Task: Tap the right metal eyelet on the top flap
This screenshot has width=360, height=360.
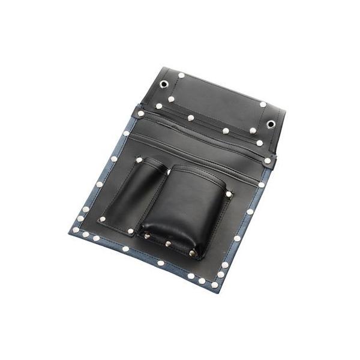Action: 271,124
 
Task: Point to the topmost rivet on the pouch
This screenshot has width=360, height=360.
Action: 181,75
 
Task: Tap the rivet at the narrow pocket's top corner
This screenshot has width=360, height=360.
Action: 139,160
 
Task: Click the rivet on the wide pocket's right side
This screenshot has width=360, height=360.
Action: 229,194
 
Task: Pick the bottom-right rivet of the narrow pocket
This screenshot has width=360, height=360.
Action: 131,230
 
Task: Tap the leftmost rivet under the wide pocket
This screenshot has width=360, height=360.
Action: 146,236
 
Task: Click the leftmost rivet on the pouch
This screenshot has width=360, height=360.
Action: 75,230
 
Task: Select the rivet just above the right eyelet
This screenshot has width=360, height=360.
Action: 263,104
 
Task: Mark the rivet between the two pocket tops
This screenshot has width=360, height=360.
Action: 169,173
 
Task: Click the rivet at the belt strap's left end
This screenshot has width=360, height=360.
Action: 141,113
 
